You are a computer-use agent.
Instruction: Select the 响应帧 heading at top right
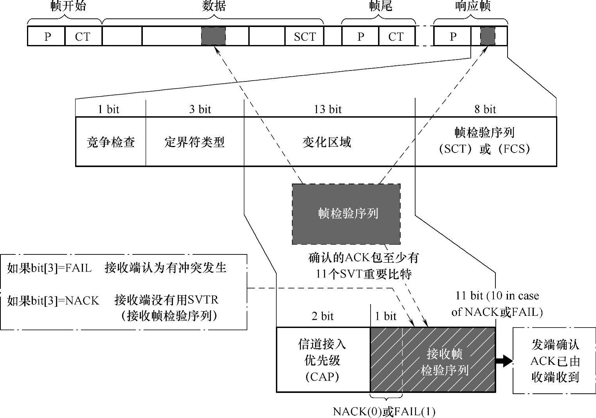click(472, 6)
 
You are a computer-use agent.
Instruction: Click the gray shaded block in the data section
click(213, 36)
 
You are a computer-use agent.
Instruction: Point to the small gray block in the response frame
click(487, 36)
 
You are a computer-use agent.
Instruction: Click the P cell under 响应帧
click(453, 36)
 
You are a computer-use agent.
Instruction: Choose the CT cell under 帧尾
click(396, 36)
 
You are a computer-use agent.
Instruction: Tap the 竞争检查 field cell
click(111, 142)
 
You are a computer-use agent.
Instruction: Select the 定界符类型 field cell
click(194, 142)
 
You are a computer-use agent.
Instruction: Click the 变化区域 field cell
click(327, 142)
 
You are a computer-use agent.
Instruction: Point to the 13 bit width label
click(328, 109)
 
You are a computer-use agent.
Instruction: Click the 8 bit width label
click(485, 109)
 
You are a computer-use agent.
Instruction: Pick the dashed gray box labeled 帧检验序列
click(346, 214)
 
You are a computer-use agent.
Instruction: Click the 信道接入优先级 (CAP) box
click(322, 360)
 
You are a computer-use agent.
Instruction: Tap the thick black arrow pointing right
click(504, 360)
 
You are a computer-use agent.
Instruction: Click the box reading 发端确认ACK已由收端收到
click(555, 360)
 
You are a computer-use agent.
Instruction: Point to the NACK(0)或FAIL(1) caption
click(384, 411)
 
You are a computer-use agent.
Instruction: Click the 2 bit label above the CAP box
click(322, 316)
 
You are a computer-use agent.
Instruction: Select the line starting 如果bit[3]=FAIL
click(117, 268)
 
